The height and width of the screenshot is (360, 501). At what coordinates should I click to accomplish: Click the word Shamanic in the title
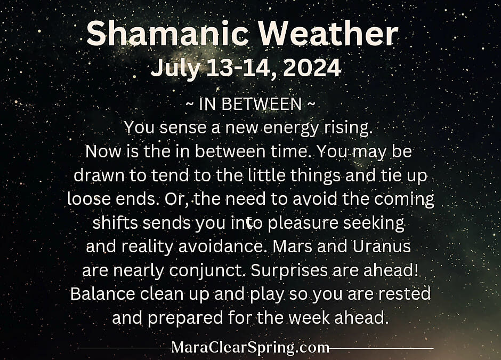[x=167, y=33]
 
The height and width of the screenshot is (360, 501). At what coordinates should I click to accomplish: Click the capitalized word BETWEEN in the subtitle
[x=261, y=104]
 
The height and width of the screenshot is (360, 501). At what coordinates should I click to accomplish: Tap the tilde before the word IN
[x=189, y=104]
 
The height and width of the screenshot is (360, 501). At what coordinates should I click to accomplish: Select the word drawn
[x=99, y=175]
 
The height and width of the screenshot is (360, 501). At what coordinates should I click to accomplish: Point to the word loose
[x=89, y=199]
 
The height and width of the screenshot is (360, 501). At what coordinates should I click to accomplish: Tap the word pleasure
[x=303, y=223]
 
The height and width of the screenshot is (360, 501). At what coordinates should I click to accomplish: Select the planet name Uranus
[x=382, y=246]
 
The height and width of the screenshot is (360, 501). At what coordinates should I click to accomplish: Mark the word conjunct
[x=208, y=271]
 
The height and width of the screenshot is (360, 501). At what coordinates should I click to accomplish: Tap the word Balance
[x=102, y=293]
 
